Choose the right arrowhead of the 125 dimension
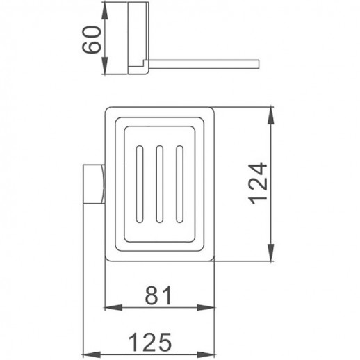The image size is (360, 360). pyautogui.click(x=210, y=353)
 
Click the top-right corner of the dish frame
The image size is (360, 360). pyautogui.click(x=211, y=109)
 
